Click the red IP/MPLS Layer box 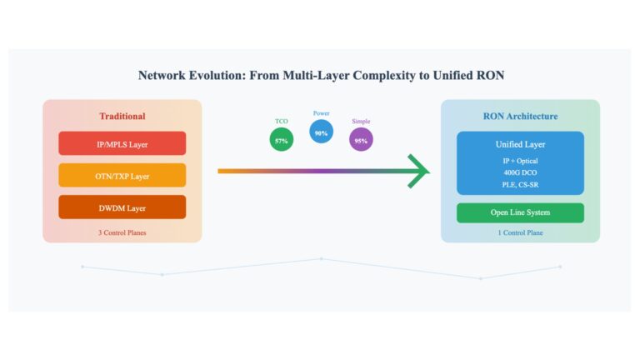pos(122,143)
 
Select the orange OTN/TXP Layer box pos(122,175)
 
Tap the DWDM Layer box pos(122,207)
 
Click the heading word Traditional pos(122,117)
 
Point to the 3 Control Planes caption pos(122,232)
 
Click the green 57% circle pos(281,140)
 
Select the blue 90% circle pos(321,132)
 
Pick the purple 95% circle pos(361,140)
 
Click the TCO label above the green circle pos(281,121)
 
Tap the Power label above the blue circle pos(321,113)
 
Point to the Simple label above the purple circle pos(361,121)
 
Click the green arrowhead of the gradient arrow pos(419,171)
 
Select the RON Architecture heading pos(520,117)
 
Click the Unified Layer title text pos(520,144)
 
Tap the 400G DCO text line pos(520,172)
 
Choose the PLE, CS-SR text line pos(520,184)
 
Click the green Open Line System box pos(520,212)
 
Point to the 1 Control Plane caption pos(520,232)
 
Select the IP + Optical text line pos(520,161)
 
